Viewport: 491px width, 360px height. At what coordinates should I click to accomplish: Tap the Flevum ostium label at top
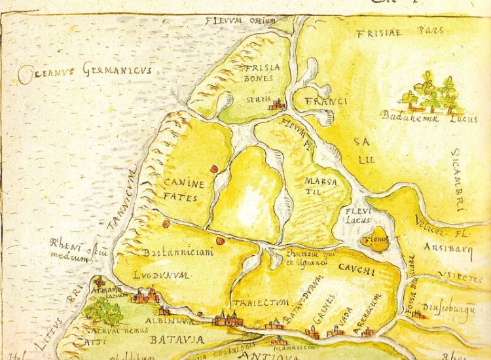tap(240, 20)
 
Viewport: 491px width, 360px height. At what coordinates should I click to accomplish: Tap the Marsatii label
tap(320, 185)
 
